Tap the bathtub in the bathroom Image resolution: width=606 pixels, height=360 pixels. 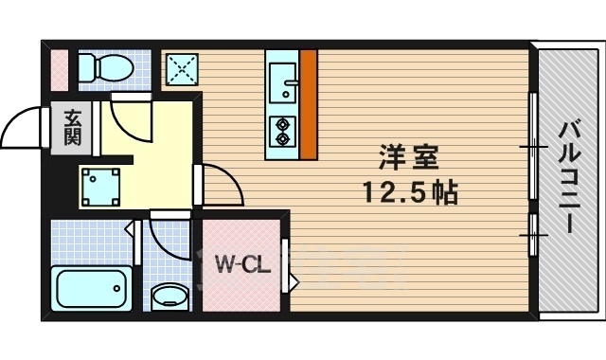[92, 287]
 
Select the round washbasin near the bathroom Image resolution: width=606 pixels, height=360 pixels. [169, 296]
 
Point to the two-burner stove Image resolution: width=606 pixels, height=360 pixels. [282, 130]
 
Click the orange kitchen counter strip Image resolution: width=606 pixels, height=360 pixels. [308, 104]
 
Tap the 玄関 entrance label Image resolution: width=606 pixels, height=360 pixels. [72, 127]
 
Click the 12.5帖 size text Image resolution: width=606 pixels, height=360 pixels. [410, 193]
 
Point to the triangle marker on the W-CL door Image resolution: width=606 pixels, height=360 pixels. [294, 282]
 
